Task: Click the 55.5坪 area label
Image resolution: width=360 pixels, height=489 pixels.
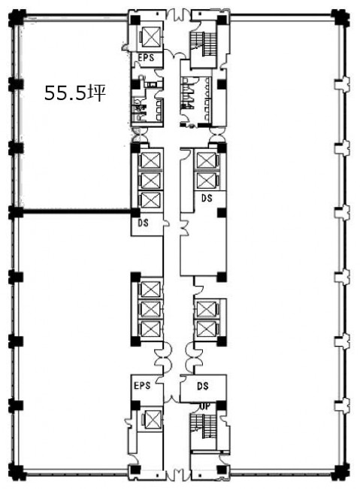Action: (75, 93)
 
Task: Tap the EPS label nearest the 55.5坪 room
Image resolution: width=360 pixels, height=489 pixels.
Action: (146, 58)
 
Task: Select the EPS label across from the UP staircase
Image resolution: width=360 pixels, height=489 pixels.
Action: (142, 385)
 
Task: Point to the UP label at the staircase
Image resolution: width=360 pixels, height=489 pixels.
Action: (204, 406)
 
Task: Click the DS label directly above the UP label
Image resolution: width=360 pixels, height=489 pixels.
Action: (203, 386)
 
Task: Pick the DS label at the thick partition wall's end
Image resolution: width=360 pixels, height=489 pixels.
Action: (143, 223)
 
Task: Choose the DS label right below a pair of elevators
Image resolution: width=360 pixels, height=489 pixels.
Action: (207, 198)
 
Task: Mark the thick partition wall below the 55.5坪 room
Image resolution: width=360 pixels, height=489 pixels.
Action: (75, 212)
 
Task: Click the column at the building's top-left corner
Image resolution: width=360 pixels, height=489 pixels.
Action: (17, 18)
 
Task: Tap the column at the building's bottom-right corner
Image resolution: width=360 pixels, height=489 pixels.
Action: (340, 472)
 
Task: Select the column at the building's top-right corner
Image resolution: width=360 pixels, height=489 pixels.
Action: (340, 18)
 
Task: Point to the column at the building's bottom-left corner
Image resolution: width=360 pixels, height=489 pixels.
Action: (16, 472)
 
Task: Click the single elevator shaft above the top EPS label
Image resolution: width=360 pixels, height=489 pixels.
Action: (151, 37)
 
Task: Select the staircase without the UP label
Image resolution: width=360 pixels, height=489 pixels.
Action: (204, 44)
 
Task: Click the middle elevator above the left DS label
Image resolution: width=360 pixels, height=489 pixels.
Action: (150, 181)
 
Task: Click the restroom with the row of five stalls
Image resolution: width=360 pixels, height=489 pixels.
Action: (197, 99)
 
